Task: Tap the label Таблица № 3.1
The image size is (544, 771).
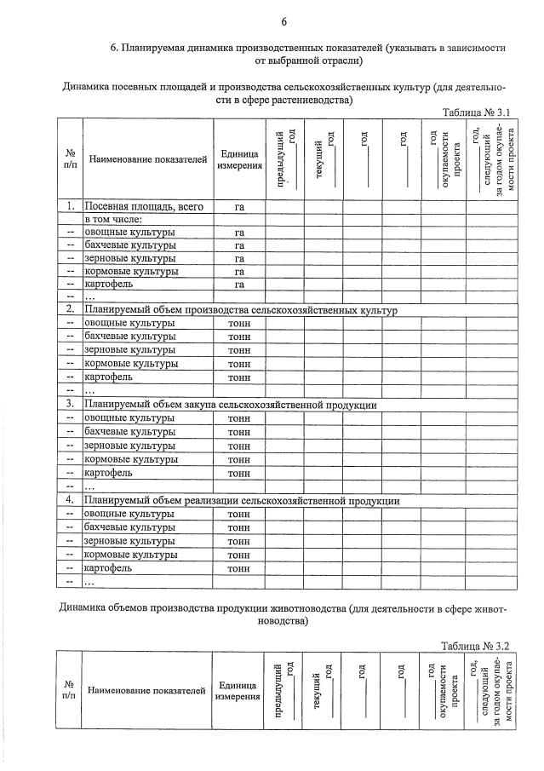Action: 476,112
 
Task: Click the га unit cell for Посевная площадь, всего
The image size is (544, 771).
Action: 239,206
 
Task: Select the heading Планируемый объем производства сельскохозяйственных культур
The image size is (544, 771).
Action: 240,310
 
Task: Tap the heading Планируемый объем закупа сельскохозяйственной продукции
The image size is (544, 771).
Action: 230,405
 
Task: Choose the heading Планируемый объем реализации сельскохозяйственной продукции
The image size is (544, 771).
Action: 241,501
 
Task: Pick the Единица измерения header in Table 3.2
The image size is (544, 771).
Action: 238,691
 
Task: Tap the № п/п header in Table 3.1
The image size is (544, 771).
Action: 69,159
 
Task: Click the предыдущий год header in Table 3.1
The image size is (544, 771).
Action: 284,158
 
